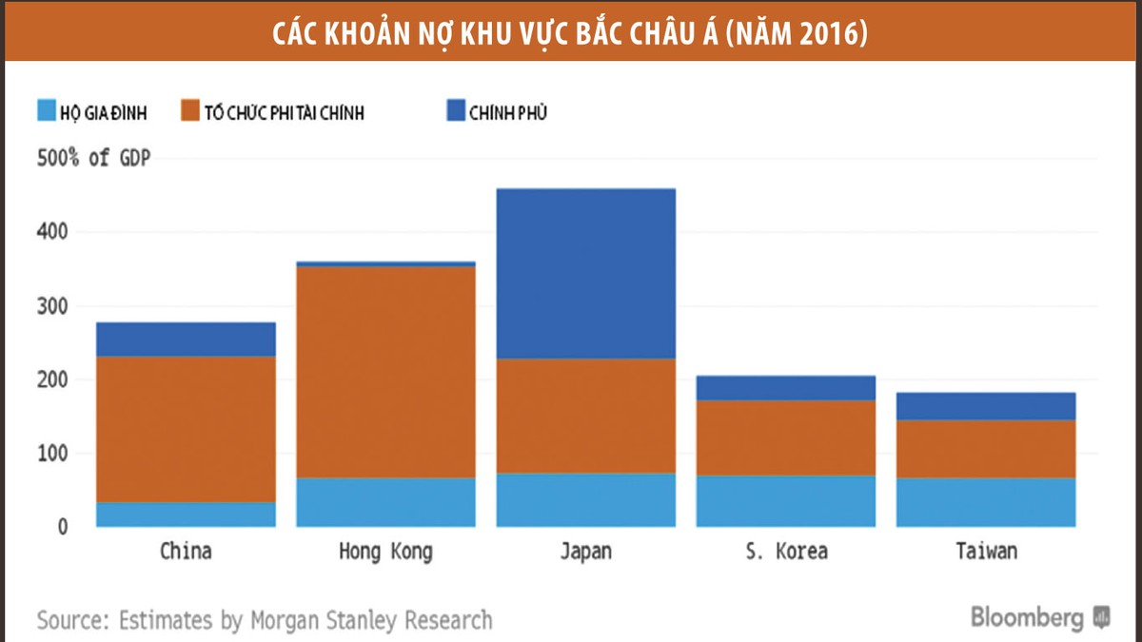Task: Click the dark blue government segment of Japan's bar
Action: [x=585, y=274]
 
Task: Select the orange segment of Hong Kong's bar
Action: [x=385, y=372]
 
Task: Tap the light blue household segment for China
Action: [x=186, y=515]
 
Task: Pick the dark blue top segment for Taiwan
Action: [x=985, y=406]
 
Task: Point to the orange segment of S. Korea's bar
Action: [x=785, y=438]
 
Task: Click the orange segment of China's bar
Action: [x=186, y=429]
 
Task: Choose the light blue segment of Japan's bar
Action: [x=585, y=499]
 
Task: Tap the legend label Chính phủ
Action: [x=508, y=113]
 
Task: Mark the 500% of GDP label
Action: [x=93, y=158]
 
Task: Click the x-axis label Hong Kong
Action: [x=385, y=552]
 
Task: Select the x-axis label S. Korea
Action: [x=785, y=552]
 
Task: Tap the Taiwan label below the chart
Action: [x=985, y=552]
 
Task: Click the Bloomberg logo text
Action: [x=1028, y=617]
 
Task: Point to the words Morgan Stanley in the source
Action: [x=324, y=621]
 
